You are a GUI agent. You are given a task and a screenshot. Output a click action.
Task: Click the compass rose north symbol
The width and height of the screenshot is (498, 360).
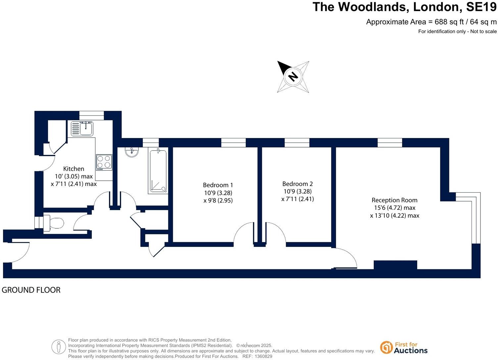coord(293,76)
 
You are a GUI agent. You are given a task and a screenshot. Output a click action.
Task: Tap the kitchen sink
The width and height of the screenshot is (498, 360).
coord(82,128)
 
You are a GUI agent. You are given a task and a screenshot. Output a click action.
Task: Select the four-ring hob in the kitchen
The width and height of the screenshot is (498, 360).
coord(104,162)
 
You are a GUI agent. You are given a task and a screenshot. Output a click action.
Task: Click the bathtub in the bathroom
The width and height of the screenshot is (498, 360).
coord(158,171)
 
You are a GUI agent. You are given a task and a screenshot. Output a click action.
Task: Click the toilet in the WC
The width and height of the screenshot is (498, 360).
coord(54,223)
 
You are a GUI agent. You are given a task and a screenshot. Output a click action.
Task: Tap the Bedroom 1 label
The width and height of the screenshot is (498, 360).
coord(218,185)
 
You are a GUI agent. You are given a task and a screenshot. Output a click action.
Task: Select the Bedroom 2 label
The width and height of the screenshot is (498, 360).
coord(297,184)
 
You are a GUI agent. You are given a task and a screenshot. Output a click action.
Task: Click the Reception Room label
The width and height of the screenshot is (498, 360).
coord(394,200)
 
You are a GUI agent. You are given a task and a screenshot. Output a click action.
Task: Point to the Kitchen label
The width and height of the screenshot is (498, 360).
coord(74,169)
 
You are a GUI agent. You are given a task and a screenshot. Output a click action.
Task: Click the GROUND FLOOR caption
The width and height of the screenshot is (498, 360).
coord(31,290)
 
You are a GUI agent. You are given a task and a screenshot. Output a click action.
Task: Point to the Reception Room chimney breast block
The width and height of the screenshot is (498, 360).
coord(395,265)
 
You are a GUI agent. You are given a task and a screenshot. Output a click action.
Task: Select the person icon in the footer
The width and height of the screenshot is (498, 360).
coord(59,347)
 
